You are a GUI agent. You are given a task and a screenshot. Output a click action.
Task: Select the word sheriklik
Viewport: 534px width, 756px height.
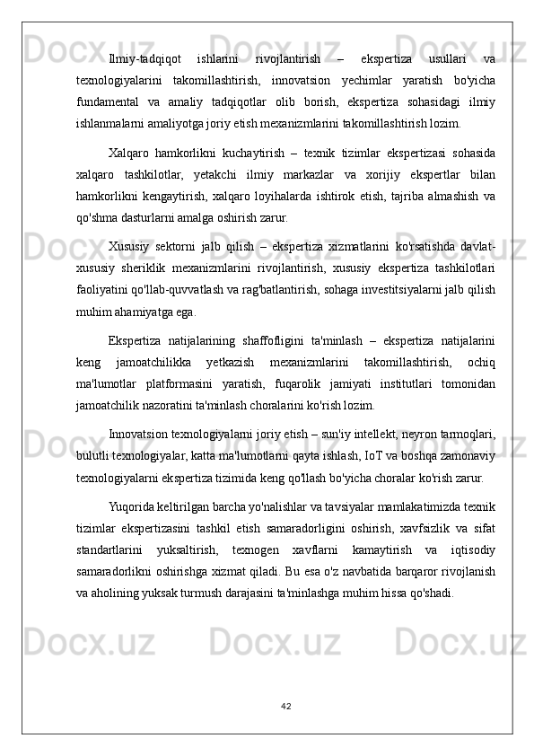click(154, 268)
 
